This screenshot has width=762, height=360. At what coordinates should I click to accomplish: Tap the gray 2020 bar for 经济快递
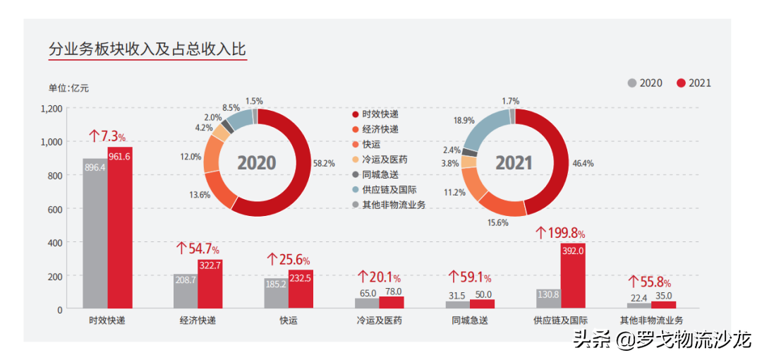[185, 291]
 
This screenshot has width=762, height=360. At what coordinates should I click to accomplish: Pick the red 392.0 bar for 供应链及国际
[573, 276]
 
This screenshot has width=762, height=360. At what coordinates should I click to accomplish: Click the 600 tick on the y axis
[56, 209]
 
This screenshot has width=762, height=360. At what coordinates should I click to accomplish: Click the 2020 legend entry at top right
[645, 83]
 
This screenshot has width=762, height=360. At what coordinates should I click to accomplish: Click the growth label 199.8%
[561, 232]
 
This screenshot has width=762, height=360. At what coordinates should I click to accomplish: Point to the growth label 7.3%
[107, 136]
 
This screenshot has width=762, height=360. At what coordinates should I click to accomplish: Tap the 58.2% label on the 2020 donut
[325, 163]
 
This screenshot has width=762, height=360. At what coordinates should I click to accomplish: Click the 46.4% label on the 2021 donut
[583, 163]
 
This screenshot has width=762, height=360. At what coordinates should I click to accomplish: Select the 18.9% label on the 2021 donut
[464, 121]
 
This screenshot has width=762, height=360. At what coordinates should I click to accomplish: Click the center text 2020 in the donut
[256, 163]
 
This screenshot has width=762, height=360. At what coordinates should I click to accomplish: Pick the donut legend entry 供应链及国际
[384, 190]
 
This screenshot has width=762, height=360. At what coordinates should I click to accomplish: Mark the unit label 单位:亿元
[68, 88]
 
